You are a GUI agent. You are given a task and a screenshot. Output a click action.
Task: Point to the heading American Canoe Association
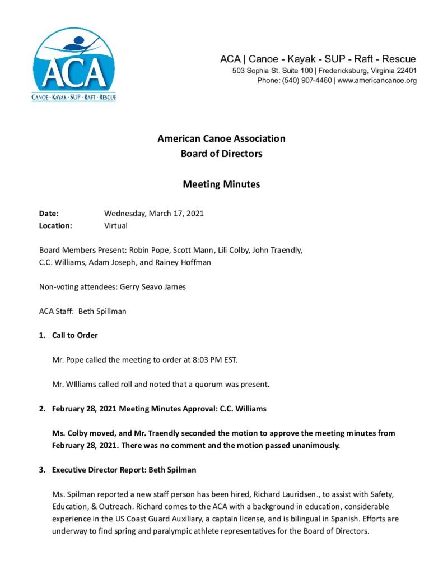[x=221, y=138]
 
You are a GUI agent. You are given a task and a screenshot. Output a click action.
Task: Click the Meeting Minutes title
[x=221, y=184]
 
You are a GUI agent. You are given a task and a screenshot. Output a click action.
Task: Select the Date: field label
[x=49, y=213]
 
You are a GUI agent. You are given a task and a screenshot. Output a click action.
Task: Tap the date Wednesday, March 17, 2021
[x=154, y=213]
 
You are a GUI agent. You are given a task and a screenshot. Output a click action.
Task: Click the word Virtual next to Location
[x=116, y=225]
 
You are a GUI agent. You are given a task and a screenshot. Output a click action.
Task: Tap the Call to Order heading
[x=75, y=335]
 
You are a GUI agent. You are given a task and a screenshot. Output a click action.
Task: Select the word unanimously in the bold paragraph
[x=314, y=445]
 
